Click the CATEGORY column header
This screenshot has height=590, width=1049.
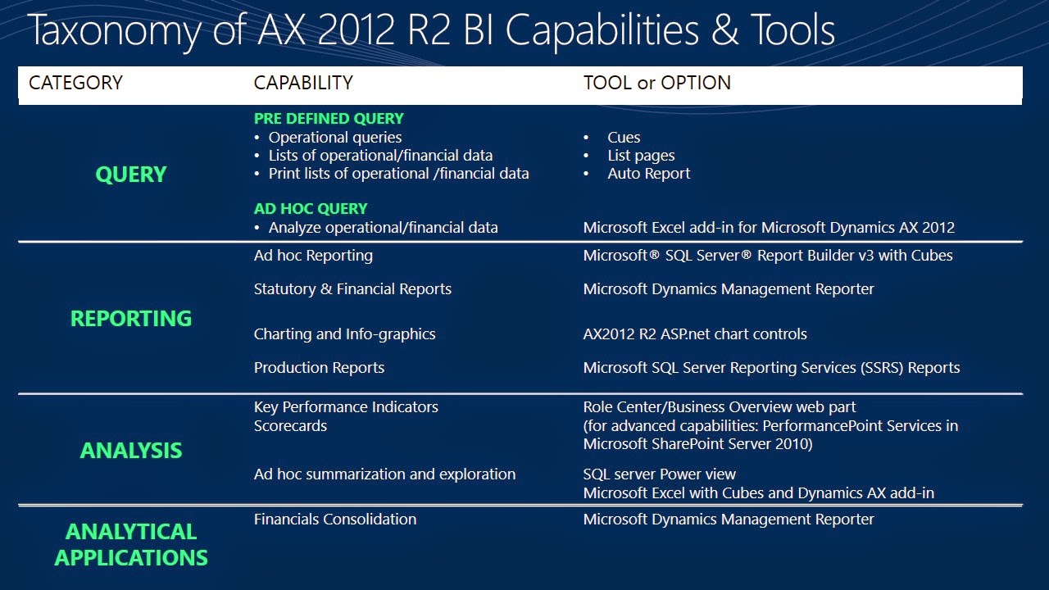click(x=75, y=83)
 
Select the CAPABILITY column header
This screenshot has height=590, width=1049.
click(x=303, y=83)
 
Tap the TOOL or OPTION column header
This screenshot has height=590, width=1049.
click(x=656, y=83)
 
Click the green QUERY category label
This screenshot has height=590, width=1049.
click(x=131, y=175)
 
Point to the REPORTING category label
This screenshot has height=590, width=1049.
click(x=131, y=319)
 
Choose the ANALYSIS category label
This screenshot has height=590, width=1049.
click(x=131, y=451)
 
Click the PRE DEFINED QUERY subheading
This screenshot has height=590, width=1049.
click(x=329, y=119)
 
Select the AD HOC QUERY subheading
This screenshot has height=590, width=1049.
click(x=311, y=208)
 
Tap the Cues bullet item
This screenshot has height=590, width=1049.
click(x=624, y=137)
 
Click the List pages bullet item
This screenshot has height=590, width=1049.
click(x=641, y=156)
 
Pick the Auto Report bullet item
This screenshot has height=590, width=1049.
click(x=648, y=174)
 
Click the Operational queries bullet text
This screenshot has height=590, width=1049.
click(x=335, y=138)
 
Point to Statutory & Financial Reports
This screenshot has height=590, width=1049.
click(x=352, y=289)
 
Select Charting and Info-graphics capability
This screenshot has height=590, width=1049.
click(x=345, y=334)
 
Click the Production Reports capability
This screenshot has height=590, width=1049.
click(x=319, y=368)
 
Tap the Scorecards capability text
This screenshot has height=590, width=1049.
click(x=290, y=426)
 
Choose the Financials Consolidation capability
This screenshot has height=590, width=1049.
click(x=335, y=520)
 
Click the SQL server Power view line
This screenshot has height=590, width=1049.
click(x=660, y=474)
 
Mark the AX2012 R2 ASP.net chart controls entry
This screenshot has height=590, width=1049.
click(x=695, y=334)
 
